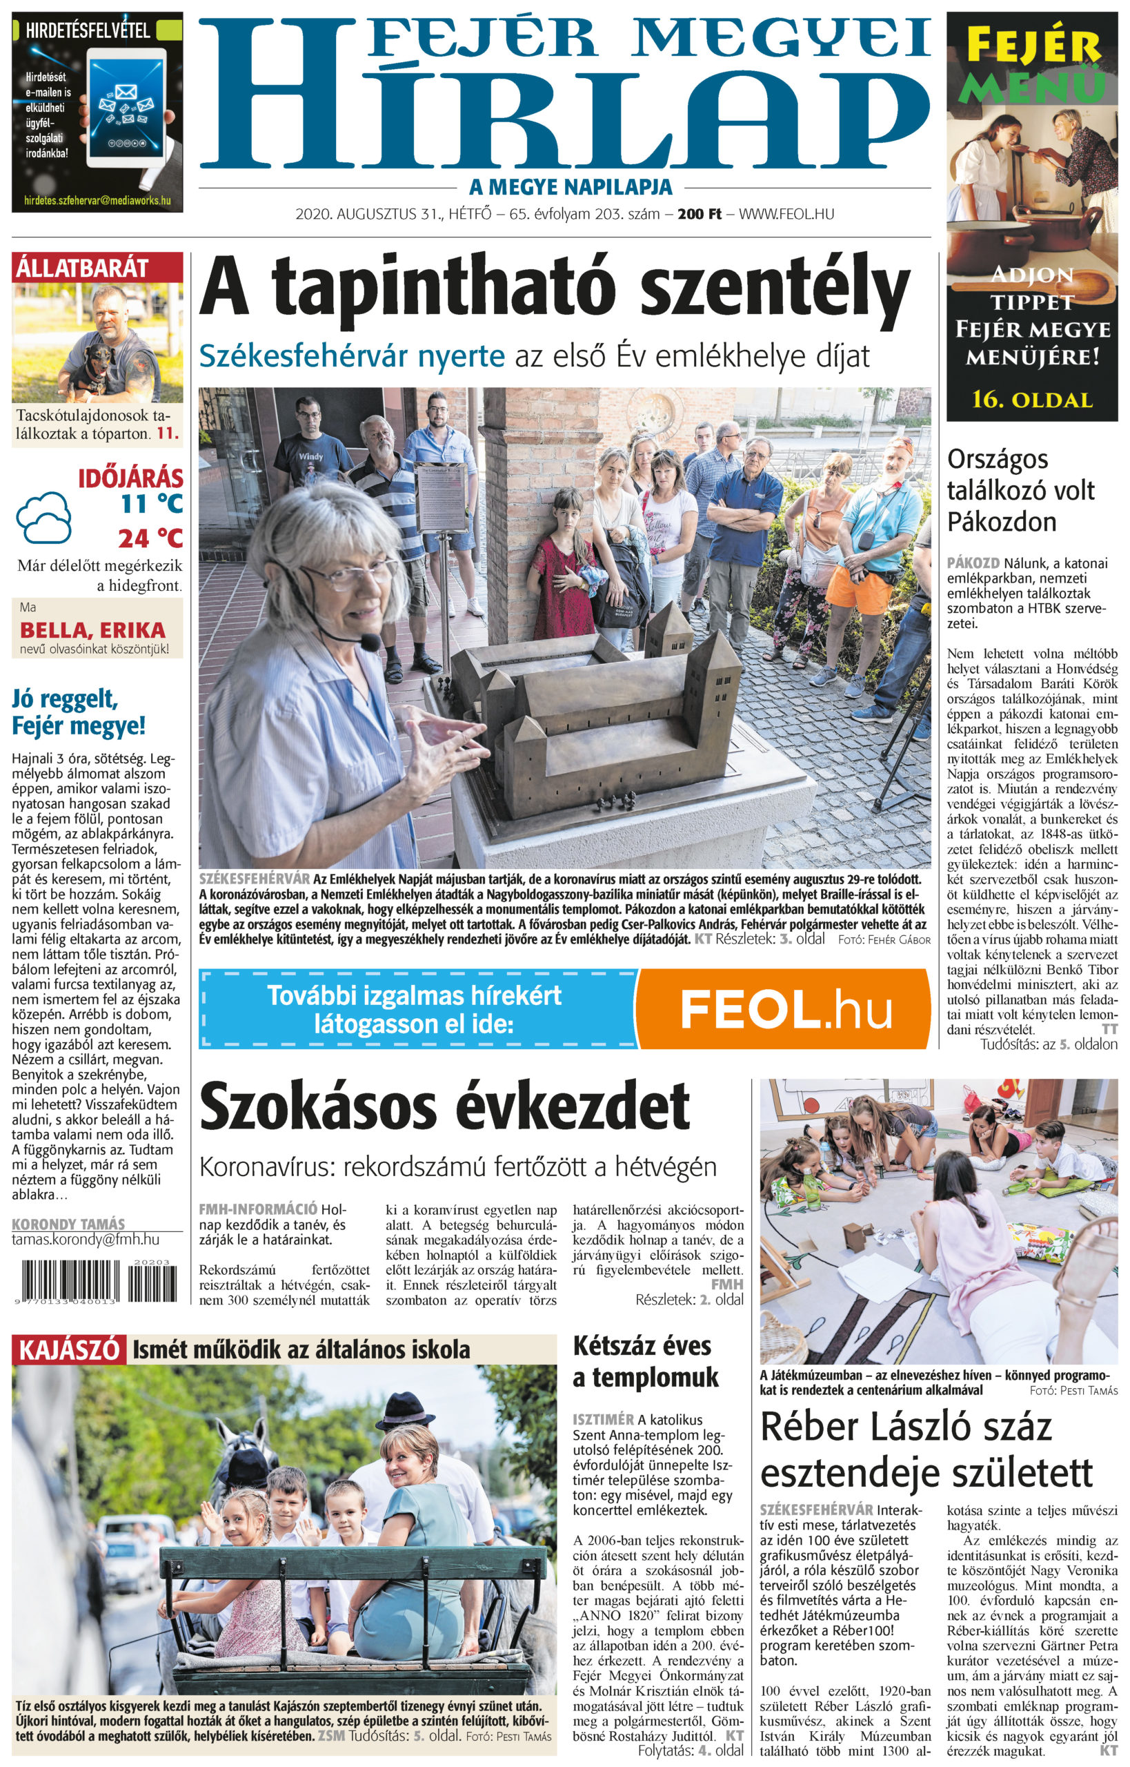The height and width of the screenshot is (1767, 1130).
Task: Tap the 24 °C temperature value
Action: coord(150,538)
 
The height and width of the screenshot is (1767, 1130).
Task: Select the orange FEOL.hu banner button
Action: coord(783,1009)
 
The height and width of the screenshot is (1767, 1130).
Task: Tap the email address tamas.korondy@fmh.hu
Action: coord(85,1239)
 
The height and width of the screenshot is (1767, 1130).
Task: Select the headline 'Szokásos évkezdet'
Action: coord(445,1106)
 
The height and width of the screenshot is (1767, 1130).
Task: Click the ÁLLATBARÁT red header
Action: coord(97,267)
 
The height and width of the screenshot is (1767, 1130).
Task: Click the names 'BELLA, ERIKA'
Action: coord(92,630)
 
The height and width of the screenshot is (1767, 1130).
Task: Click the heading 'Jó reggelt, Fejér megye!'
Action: coord(79,712)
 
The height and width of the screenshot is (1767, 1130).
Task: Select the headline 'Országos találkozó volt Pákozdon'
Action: coord(1021,490)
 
